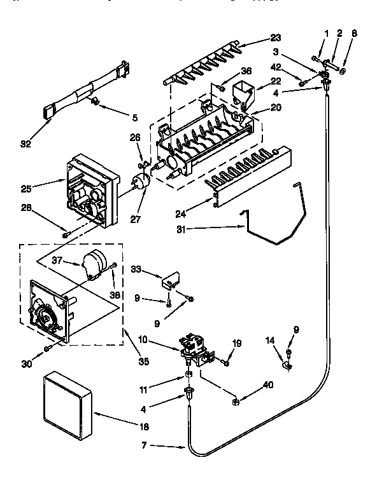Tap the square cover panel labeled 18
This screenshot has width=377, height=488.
pyautogui.click(x=68, y=404)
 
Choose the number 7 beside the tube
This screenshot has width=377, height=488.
pyautogui.click(x=145, y=447)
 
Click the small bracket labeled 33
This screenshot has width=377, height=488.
pyautogui.click(x=170, y=278)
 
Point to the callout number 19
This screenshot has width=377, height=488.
pyautogui.click(x=238, y=344)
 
